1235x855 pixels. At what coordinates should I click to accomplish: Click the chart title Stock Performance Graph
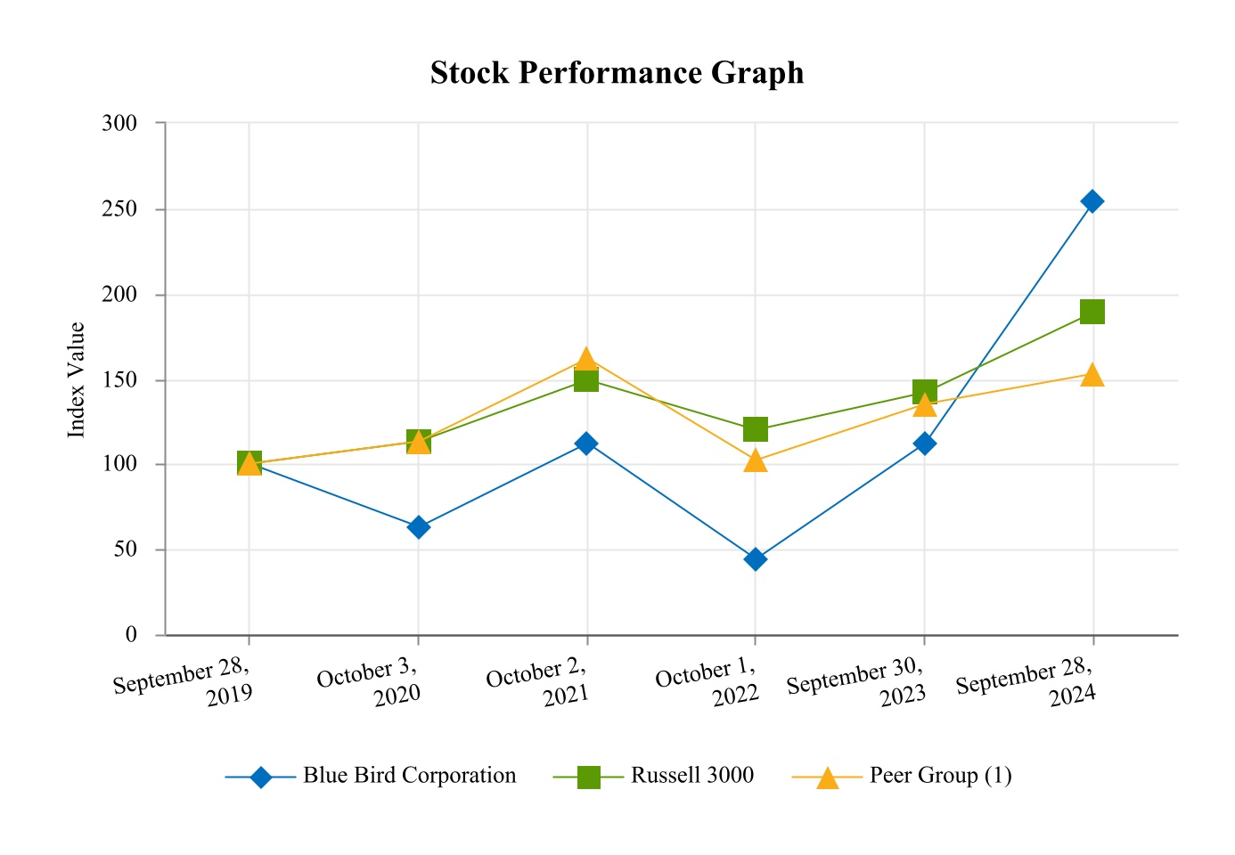click(617, 73)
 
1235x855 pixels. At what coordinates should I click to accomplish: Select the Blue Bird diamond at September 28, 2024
click(1092, 201)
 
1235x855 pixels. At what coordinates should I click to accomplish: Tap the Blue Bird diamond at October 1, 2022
click(756, 559)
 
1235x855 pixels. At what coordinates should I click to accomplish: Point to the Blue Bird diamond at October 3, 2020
click(418, 527)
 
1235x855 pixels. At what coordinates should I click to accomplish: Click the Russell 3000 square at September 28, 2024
click(1092, 312)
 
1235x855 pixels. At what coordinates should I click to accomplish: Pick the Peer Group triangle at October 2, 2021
click(586, 360)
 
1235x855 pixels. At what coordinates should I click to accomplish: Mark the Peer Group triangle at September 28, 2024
click(1092, 375)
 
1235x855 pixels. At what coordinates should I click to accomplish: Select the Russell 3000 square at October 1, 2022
click(756, 429)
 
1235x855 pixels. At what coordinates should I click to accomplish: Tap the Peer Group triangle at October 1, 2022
click(756, 460)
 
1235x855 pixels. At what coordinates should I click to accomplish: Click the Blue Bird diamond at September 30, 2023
click(924, 444)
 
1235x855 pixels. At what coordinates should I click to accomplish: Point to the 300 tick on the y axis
click(119, 123)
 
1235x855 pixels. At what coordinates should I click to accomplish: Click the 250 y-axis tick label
click(119, 209)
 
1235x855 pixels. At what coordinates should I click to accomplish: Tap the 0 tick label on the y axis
click(131, 635)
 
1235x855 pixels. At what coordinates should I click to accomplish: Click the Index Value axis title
click(78, 379)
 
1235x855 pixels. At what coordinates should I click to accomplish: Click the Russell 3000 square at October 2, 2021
click(586, 380)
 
